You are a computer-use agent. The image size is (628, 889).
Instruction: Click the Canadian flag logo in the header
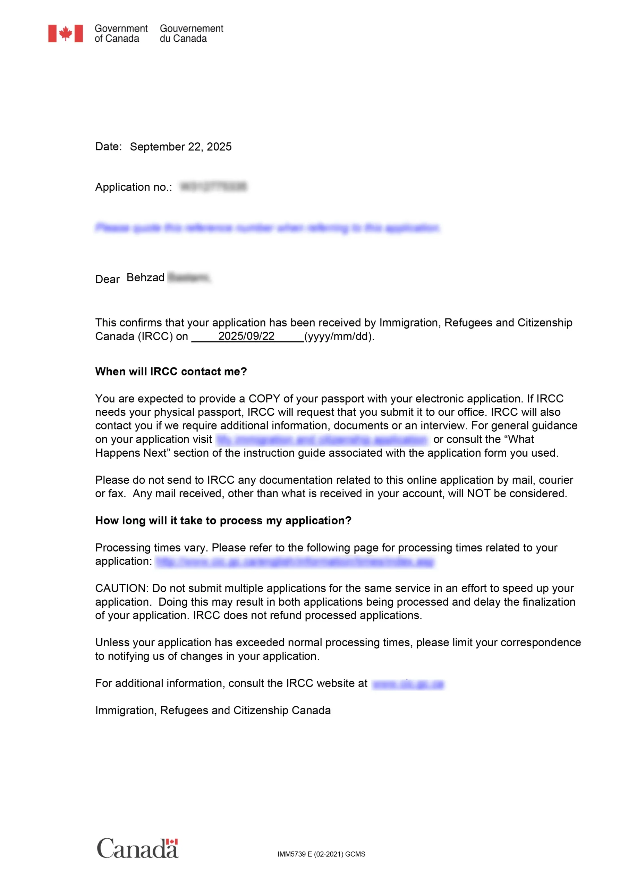point(65,33)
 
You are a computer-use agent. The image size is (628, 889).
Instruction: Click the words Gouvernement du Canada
point(191,33)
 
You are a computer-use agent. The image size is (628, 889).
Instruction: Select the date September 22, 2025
point(180,147)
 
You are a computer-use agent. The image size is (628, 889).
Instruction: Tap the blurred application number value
point(213,186)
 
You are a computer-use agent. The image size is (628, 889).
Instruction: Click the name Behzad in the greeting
point(145,277)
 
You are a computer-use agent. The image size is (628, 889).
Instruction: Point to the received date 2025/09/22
point(246,336)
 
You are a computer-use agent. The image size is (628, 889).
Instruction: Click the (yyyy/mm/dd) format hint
point(339,336)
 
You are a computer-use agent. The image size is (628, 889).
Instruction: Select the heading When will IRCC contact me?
point(171,371)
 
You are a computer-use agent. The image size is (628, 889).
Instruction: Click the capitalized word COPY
point(264,398)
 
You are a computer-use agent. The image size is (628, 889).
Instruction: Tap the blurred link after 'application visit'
point(322,440)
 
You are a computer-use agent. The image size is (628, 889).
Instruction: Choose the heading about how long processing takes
point(223,521)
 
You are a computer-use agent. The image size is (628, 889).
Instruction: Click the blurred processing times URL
point(295,562)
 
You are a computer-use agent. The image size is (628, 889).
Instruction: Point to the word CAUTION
point(121,588)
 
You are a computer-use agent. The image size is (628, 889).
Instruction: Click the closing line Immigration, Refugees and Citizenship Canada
point(213,710)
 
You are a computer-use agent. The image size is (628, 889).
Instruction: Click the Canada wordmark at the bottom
point(137,848)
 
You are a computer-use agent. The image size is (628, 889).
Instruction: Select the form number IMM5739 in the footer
point(291,854)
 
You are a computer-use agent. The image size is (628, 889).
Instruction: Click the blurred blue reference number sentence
point(268,228)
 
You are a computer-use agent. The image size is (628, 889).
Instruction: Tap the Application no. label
point(133,187)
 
